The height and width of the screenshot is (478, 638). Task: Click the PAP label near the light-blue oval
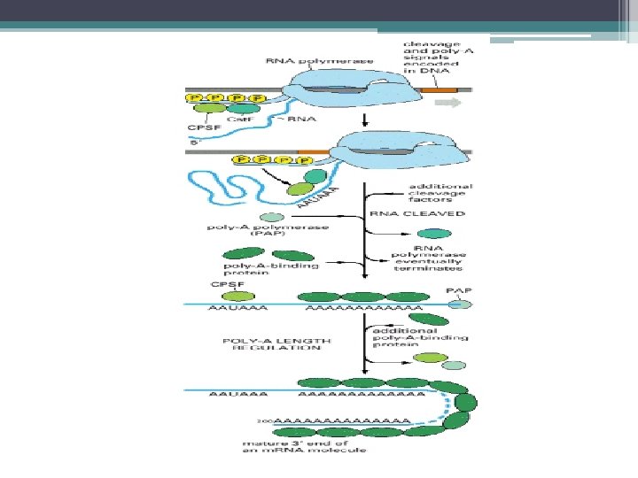pyautogui.click(x=457, y=289)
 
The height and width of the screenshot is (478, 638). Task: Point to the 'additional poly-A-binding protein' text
pyautogui.click(x=419, y=338)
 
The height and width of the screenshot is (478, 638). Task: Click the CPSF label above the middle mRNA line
pyautogui.click(x=221, y=284)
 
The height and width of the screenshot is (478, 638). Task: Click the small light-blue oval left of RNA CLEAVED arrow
pyautogui.click(x=271, y=217)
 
